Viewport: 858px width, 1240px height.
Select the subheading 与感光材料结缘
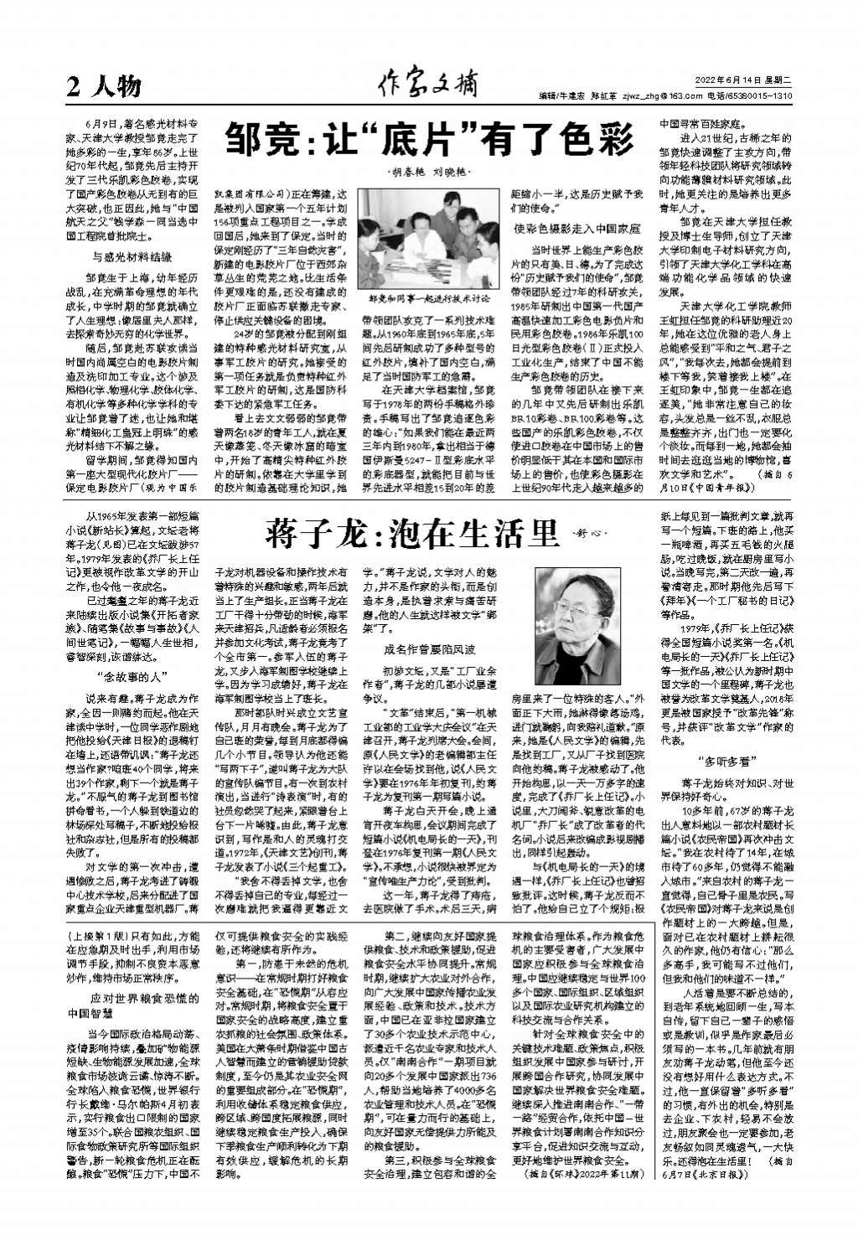coord(132,256)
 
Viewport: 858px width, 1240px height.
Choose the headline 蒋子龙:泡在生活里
coord(411,532)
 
